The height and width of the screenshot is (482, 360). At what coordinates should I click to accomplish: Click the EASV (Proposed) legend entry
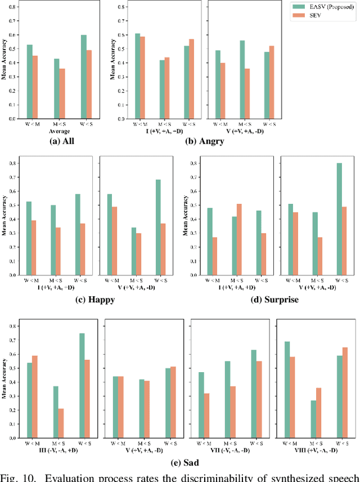pos(326,6)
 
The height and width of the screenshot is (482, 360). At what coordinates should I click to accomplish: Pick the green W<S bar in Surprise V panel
pos(339,219)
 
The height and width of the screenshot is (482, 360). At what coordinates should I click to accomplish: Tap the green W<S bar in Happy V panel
pos(158,227)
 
